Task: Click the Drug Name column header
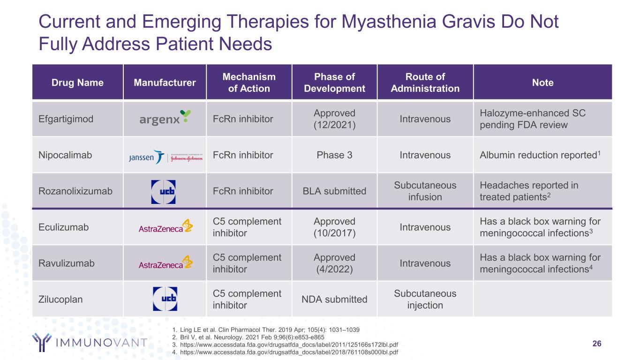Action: [77, 82]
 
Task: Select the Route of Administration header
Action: [425, 82]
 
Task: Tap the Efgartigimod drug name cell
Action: [66, 119]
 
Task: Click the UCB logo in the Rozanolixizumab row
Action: [163, 192]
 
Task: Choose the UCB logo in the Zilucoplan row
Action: [165, 299]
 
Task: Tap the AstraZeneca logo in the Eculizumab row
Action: [166, 226]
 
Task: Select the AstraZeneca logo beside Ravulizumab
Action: [166, 262]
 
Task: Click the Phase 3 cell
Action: [334, 155]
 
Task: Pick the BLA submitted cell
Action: [334, 191]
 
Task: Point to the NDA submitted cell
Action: [334, 299]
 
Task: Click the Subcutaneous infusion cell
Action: [425, 191]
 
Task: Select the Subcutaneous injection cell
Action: [425, 299]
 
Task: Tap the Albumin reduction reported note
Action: [540, 155]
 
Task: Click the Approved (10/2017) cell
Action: [334, 227]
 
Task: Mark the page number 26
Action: [597, 344]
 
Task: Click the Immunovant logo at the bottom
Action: [90, 342]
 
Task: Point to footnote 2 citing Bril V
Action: [248, 337]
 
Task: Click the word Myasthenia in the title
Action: [389, 22]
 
